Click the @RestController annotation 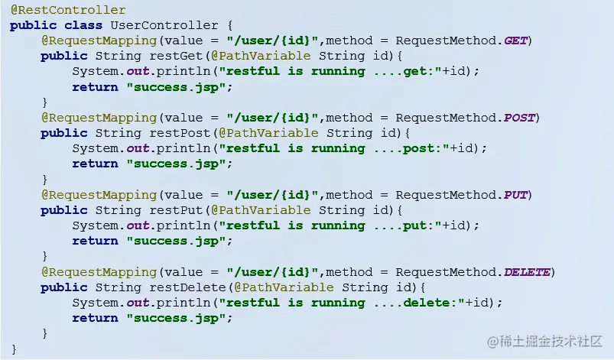(68, 10)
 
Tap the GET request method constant (515, 41)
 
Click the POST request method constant (519, 118)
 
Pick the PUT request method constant (516, 195)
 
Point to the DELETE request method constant (527, 272)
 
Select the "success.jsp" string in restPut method (177, 242)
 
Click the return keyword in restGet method (96, 87)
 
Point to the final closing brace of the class (14, 349)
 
